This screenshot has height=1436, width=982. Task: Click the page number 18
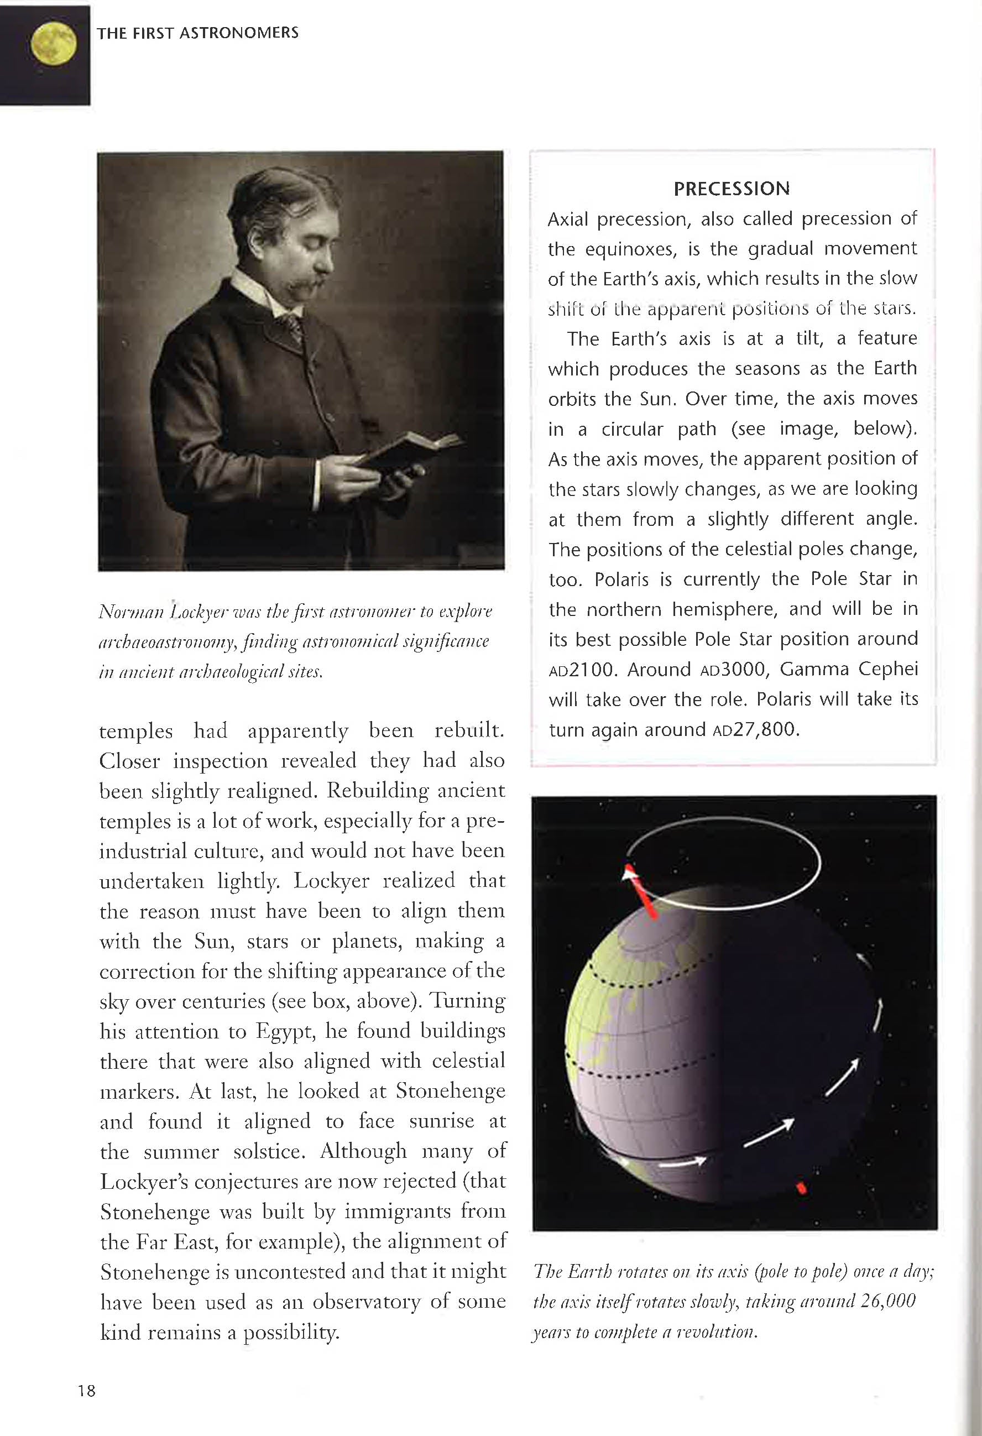coord(86,1390)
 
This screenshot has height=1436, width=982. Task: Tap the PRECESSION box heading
coord(731,189)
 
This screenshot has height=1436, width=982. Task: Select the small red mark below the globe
coord(801,1188)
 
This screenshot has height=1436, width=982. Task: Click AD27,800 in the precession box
coord(755,730)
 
